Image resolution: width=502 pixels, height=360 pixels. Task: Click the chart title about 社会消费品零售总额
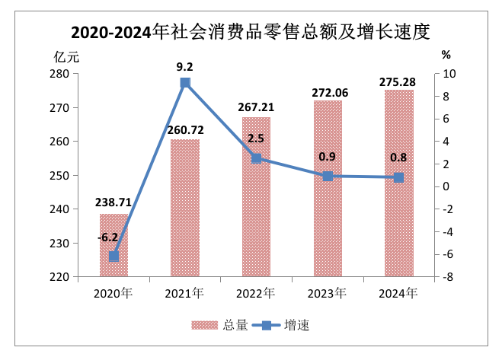click(x=251, y=32)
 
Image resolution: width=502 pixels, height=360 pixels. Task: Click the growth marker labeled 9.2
click(x=185, y=82)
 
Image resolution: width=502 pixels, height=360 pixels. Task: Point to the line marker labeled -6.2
click(x=114, y=256)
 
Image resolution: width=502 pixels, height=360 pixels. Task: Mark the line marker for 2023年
click(x=328, y=176)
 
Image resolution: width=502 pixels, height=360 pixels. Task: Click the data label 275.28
click(x=398, y=81)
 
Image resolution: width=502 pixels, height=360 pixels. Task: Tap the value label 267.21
click(x=256, y=108)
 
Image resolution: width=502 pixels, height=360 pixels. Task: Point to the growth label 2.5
click(x=256, y=139)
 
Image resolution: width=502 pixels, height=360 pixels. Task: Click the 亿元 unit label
click(x=66, y=56)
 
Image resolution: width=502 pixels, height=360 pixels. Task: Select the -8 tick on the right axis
click(x=449, y=277)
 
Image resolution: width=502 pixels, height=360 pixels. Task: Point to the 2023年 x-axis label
click(x=328, y=293)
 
